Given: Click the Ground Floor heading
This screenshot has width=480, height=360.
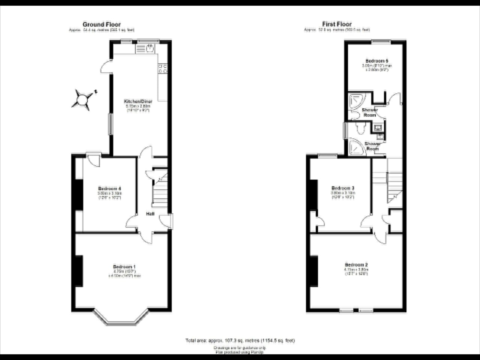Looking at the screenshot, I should [102, 24].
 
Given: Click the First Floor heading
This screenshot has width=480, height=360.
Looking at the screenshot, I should [337, 24].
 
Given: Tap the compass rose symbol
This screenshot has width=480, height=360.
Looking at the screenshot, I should [82, 100].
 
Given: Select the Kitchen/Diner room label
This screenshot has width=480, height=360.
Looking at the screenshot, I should [138, 102].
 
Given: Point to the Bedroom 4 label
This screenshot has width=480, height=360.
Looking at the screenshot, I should [109, 188].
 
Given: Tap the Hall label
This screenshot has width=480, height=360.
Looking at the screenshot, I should [150, 214].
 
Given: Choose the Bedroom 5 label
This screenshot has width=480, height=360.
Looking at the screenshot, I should [377, 61].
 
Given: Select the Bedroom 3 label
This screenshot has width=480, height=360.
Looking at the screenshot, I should [343, 188].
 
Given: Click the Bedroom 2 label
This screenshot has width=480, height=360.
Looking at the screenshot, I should [356, 265].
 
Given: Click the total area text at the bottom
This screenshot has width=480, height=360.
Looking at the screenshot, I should [240, 340].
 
